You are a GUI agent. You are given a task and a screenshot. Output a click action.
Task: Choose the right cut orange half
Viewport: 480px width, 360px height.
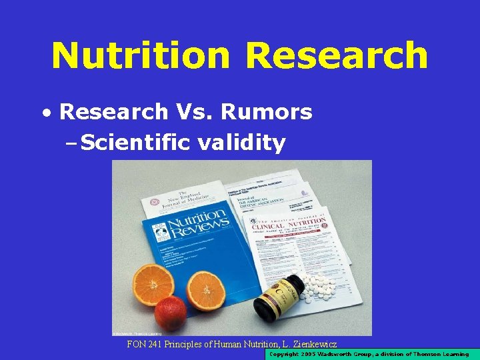click(207, 290)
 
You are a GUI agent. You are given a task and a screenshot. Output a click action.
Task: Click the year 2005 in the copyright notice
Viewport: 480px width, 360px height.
click(313, 355)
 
